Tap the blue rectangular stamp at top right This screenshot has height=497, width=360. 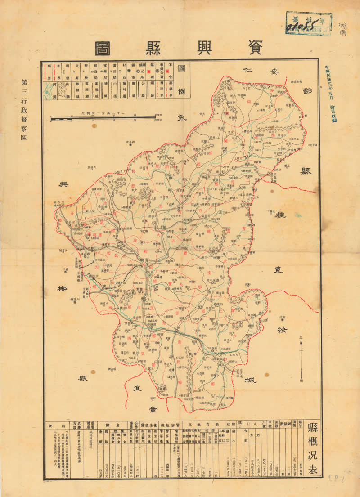click(309, 23)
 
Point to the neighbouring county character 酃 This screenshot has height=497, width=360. click(308, 92)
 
